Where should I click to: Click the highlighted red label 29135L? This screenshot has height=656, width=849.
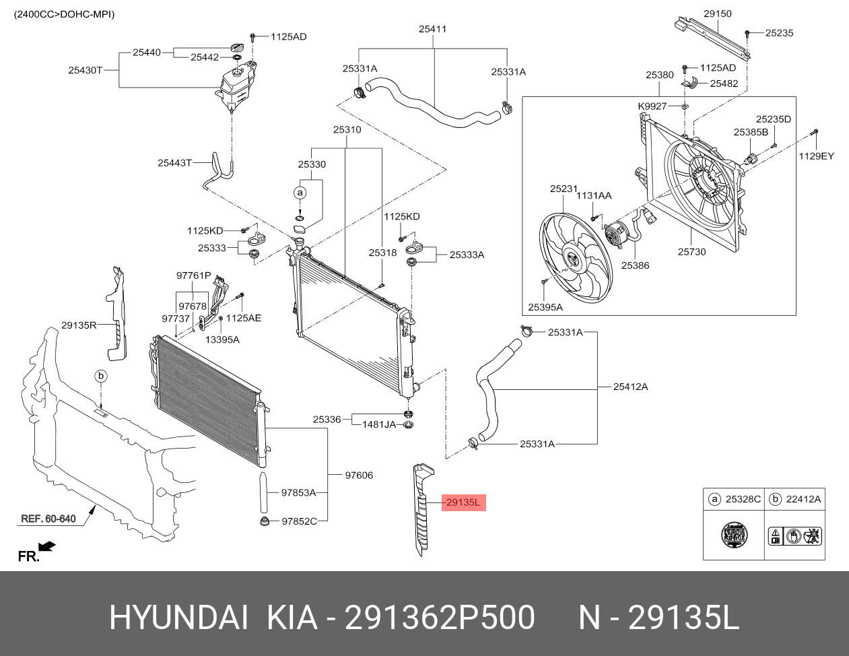click(463, 502)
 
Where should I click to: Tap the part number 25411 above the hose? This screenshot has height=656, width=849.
click(432, 29)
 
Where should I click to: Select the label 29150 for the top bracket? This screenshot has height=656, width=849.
click(718, 13)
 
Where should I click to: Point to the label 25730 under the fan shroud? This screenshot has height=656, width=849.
click(691, 252)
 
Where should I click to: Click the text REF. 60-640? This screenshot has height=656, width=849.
click(48, 519)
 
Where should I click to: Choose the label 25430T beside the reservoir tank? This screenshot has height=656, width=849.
click(85, 69)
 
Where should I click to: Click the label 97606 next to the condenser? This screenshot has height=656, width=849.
click(359, 475)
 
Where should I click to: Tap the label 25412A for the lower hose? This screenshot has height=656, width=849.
click(630, 387)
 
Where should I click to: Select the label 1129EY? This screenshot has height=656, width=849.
click(816, 156)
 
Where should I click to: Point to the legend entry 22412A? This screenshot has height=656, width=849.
click(804, 499)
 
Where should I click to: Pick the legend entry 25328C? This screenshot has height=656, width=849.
click(743, 499)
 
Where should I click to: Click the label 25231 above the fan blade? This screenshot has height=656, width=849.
click(564, 189)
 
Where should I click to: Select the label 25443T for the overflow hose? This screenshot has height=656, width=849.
click(175, 162)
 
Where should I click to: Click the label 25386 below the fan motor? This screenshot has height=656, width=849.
click(635, 265)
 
